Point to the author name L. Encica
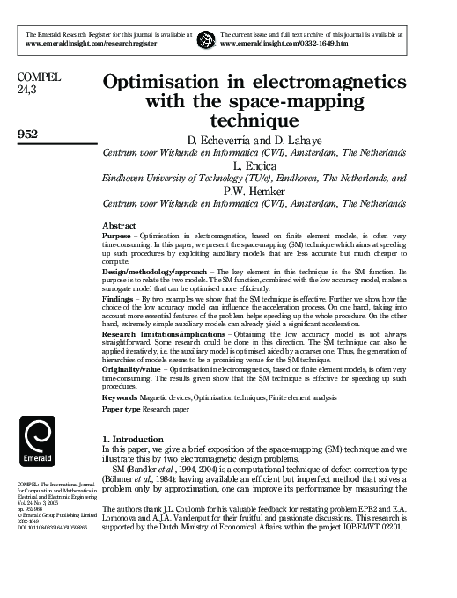(276, 164)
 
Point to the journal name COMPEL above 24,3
(40, 77)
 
